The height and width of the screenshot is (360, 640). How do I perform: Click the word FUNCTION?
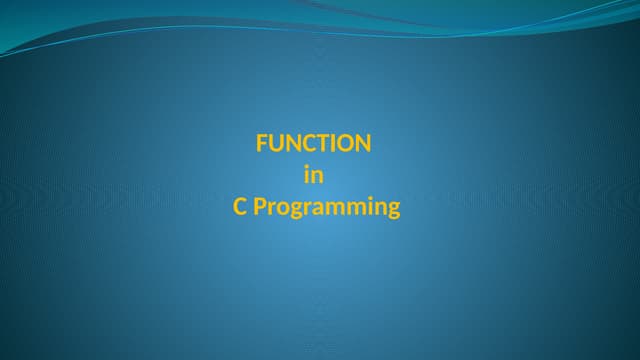click(313, 143)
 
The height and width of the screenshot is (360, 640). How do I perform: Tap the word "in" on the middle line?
click(313, 175)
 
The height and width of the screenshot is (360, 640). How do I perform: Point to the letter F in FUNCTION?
click(262, 143)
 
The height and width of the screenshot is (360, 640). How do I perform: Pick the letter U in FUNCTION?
click(275, 143)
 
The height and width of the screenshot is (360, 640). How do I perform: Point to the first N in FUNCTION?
click(291, 143)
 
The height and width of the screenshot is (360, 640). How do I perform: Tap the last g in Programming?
click(392, 210)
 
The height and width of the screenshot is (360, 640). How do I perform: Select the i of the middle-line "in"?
click(306, 175)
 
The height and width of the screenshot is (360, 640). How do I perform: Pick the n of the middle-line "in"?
click(317, 176)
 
